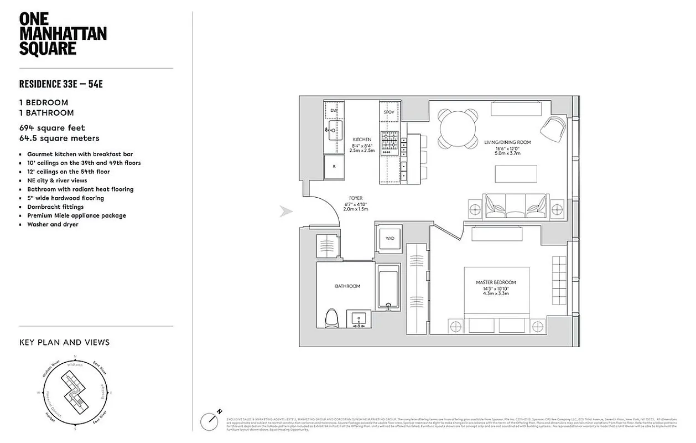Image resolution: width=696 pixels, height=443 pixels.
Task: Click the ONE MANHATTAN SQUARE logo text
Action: [x=63, y=34]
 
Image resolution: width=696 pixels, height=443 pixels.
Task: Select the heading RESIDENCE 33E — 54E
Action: [x=61, y=84]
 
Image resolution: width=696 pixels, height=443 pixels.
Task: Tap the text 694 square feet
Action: [x=52, y=128]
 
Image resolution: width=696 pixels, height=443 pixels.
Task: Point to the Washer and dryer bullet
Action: [x=53, y=224]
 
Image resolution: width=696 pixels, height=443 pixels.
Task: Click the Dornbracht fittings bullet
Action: [x=55, y=207]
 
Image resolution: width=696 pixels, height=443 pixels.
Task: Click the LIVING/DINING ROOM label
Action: [x=507, y=142]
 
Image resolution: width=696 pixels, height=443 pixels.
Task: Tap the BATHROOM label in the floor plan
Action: [x=347, y=286]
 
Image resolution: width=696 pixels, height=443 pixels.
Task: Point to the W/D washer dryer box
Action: [x=390, y=239]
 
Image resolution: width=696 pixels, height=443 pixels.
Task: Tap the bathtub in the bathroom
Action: [x=389, y=288]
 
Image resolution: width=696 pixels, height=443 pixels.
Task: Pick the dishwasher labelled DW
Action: [x=334, y=111]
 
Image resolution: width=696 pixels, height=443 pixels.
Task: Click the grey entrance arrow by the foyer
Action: [x=286, y=212]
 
